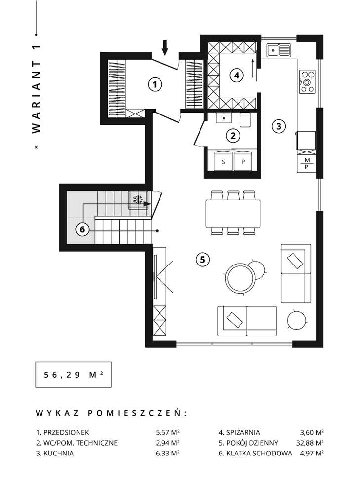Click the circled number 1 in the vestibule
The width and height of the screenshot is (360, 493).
pyautogui.click(x=155, y=84)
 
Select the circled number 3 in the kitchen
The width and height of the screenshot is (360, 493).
pyautogui.click(x=279, y=126)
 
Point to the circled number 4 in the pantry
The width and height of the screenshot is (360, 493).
pyautogui.click(x=237, y=76)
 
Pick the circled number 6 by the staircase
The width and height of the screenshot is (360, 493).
pyautogui.click(x=82, y=229)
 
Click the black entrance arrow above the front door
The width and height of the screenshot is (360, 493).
pyautogui.click(x=165, y=47)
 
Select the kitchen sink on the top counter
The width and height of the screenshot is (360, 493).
pyautogui.click(x=279, y=49)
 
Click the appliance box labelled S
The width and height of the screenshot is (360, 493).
pyautogui.click(x=223, y=161)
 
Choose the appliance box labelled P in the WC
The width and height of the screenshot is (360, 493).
pyautogui.click(x=242, y=161)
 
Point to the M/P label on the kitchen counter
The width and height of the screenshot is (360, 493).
pyautogui.click(x=307, y=164)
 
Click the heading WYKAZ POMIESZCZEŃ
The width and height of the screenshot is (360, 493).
pyautogui.click(x=112, y=413)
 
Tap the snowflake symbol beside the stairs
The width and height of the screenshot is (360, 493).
pyautogui.click(x=139, y=200)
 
